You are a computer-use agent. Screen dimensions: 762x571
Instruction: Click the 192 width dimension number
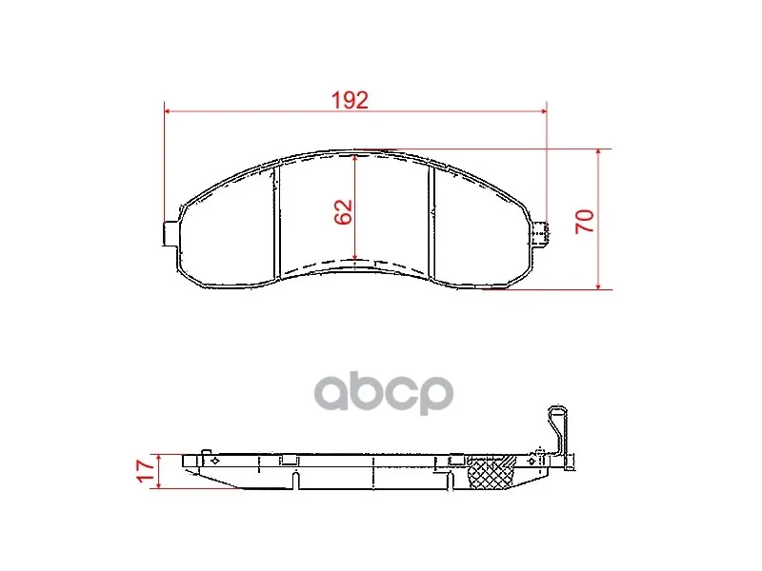pyautogui.click(x=350, y=100)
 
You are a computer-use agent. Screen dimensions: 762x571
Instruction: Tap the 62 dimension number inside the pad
pyautogui.click(x=344, y=211)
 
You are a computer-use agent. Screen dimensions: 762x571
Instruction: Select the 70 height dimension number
pyautogui.click(x=585, y=222)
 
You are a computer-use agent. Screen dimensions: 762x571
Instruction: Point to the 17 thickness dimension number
pyautogui.click(x=146, y=471)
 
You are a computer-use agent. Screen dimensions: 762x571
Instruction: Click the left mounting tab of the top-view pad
pyautogui.click(x=171, y=233)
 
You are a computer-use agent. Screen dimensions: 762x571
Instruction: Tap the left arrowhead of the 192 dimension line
pyautogui.click(x=169, y=111)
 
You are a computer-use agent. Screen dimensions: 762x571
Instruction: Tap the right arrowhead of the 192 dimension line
pyautogui.click(x=543, y=111)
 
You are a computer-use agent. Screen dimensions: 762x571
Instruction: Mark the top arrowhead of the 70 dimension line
pyautogui.click(x=598, y=153)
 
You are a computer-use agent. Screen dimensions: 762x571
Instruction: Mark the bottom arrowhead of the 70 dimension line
pyautogui.click(x=598, y=285)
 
